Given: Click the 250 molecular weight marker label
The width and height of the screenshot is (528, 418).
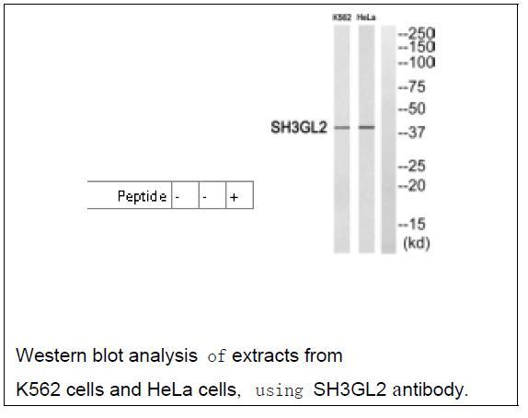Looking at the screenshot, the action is point(417,33).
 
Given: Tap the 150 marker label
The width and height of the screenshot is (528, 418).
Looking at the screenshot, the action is point(417,47).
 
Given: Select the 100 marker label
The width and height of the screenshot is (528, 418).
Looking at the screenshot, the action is point(417,63).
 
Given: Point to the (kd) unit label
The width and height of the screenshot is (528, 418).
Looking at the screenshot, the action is point(417,243).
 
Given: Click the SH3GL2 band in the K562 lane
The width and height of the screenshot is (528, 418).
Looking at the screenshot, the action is point(342,127).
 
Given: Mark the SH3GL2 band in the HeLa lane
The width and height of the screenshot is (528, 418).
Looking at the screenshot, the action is point(367,127).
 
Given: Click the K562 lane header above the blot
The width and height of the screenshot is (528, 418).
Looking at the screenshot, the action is point(342,17).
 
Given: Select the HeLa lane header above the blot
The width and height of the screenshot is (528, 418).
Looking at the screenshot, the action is point(366,17).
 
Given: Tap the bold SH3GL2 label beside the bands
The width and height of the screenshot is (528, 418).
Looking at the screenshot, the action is point(299,128).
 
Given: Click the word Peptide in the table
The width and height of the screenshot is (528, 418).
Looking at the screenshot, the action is point(142,196).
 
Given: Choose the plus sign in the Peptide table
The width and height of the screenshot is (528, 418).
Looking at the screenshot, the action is point(234,197).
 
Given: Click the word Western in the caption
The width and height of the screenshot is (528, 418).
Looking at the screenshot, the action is point(52,355).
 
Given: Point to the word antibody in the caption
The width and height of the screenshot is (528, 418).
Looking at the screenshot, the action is point(430,389).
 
